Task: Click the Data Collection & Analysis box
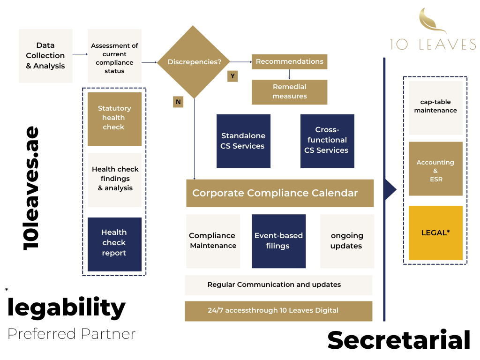coord(45,56)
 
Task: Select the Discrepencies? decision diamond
coord(194,62)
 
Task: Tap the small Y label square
coord(232,76)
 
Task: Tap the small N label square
coord(178,102)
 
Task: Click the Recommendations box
coord(289,62)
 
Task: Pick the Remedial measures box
coord(289,92)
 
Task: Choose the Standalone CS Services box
coord(243,141)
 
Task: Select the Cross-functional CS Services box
coord(327,141)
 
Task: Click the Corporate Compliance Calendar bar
coord(280,193)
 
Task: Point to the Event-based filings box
coord(278,241)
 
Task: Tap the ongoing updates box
coord(347,241)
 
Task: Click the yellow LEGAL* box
coord(435,233)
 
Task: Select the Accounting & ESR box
coord(435,169)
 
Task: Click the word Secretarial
coord(398,340)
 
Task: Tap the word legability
coord(67,307)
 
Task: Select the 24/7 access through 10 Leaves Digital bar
coord(278,311)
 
